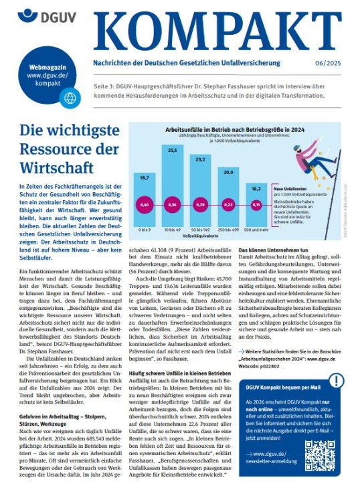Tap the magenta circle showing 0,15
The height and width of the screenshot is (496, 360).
[x=256, y=204]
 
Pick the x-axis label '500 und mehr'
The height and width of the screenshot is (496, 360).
[x=256, y=229]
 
